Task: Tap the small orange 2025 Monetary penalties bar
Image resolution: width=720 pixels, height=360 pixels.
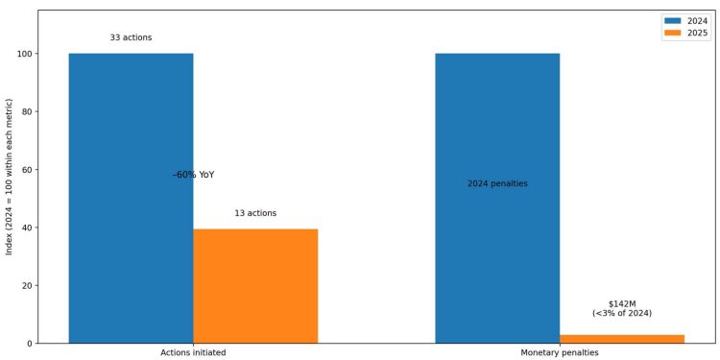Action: point(621,339)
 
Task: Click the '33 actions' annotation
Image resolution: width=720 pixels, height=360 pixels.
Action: point(131,37)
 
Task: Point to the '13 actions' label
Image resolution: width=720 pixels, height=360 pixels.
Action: point(255,213)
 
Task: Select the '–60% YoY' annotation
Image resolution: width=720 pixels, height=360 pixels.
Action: point(193,175)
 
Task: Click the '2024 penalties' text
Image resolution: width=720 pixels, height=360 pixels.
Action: point(497,183)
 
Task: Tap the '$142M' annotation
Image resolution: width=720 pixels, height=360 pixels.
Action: point(622,303)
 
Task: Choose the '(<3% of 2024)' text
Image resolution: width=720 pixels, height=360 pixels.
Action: point(622,313)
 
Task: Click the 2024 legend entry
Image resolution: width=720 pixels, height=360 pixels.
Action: point(686,20)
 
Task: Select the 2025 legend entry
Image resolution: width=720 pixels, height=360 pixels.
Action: point(686,33)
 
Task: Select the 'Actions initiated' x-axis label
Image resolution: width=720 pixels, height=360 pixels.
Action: point(193,353)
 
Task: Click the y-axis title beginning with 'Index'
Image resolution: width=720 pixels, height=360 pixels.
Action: point(10,176)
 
